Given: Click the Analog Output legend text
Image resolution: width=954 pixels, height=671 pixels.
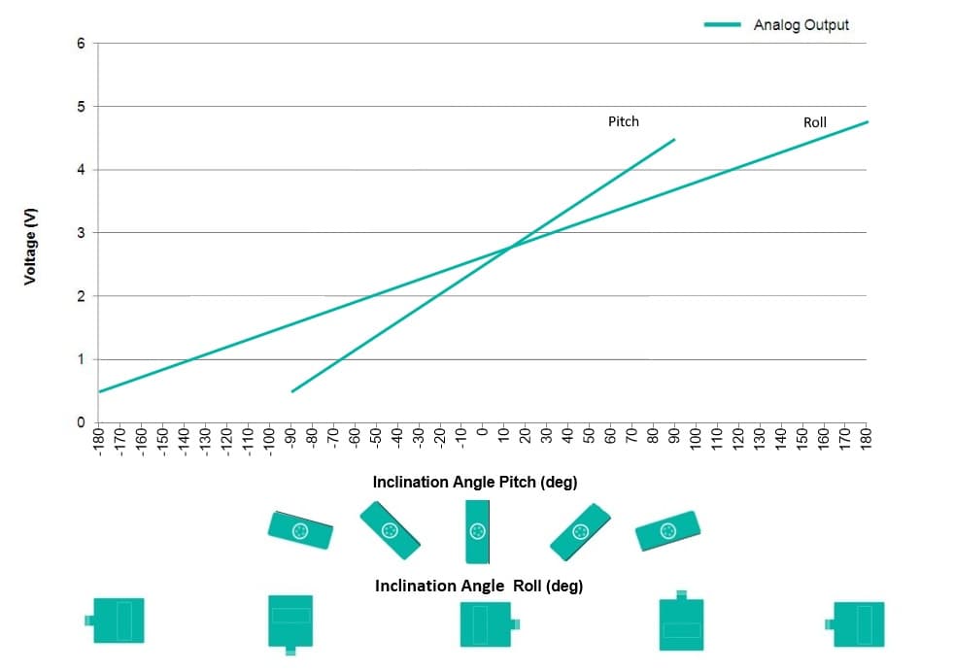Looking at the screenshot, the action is tap(801, 25).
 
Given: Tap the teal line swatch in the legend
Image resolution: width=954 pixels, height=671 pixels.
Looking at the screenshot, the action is tap(722, 24).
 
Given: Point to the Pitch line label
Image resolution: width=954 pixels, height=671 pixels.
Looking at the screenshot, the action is tap(624, 121).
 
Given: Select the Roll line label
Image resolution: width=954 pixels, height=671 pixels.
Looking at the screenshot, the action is tap(815, 122).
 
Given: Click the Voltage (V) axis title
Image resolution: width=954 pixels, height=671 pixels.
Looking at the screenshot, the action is tap(30, 247).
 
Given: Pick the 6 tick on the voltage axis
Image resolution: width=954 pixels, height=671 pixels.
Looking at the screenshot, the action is tap(81, 43).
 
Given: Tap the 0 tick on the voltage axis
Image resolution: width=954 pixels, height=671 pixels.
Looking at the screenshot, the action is tap(81, 422).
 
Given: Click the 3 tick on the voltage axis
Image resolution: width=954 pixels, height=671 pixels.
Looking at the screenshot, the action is tap(81, 233).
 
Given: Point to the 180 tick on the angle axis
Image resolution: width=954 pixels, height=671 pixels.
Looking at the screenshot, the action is tap(867, 439).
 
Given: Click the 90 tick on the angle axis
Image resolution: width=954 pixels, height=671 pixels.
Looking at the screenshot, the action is tap(674, 436).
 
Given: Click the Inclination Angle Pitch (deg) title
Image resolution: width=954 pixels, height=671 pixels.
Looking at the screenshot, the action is tap(474, 483).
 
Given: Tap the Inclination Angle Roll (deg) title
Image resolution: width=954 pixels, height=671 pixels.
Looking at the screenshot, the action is tap(479, 586).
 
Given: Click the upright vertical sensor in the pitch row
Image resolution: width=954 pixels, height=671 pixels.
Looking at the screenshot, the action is tap(478, 532).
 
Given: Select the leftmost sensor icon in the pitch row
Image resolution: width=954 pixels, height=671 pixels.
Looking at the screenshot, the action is tap(300, 530).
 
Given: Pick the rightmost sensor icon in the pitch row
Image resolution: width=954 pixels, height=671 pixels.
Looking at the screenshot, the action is tap(667, 530).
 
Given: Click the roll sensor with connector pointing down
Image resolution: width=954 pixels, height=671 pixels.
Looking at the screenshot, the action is tap(290, 624).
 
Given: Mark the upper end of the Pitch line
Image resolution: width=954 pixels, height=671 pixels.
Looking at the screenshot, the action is tap(674, 140).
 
